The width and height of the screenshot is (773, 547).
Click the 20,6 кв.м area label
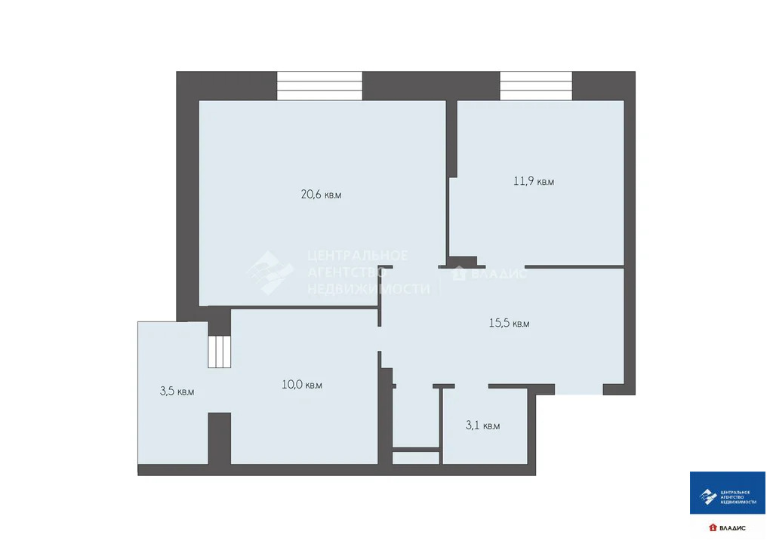(321, 195)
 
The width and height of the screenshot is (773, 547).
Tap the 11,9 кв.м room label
(534, 182)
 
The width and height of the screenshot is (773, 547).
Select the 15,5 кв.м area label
(509, 324)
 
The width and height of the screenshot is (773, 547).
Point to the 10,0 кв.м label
(302, 385)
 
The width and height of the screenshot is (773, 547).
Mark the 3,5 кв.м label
(177, 392)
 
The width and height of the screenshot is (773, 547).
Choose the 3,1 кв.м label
(482, 426)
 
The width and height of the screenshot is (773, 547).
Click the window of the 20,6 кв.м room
(319, 85)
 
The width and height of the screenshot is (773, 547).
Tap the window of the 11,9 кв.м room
(536, 85)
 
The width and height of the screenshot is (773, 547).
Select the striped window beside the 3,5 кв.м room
(220, 351)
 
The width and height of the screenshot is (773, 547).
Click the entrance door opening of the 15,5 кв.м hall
(579, 390)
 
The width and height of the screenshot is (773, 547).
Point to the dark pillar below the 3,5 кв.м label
(219, 438)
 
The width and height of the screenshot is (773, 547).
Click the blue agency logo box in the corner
(727, 494)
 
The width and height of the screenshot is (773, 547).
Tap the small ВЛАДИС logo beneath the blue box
(727, 527)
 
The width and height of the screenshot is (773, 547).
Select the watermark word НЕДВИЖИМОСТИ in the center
(368, 288)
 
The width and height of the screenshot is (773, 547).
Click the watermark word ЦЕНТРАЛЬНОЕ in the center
(358, 256)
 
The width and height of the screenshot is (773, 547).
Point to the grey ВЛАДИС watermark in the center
(489, 274)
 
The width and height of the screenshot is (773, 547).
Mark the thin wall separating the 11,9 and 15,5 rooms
(574, 266)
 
